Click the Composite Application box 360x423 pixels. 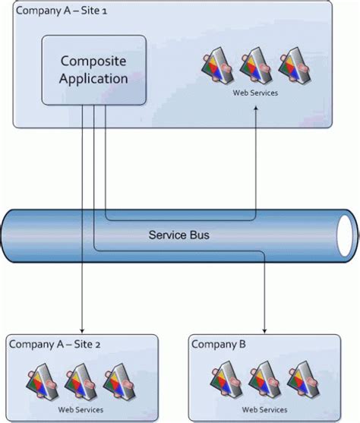pyautogui.click(x=93, y=69)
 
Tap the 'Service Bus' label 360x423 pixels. pyautogui.click(x=178, y=235)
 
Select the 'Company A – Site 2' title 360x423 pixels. pyautogui.click(x=54, y=344)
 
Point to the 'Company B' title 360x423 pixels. pyautogui.click(x=218, y=344)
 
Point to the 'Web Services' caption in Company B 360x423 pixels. pyautogui.click(x=263, y=409)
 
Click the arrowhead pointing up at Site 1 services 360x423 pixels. pyautogui.click(x=256, y=110)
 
